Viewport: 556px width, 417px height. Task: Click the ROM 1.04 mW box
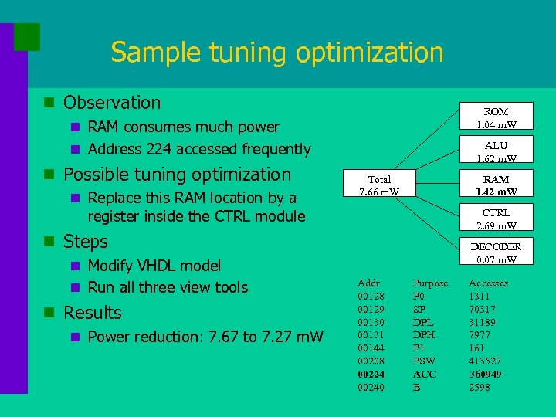(496, 117)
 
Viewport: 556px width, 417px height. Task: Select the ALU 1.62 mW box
(496, 151)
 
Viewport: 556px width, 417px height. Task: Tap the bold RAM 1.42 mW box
(496, 185)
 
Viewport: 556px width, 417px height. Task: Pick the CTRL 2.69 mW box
(496, 219)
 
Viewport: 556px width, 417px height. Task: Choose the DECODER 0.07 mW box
(496, 253)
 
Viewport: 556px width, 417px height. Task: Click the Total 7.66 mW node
(378, 185)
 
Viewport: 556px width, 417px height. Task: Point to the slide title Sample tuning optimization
(276, 53)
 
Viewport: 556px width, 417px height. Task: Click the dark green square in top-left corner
(27, 36)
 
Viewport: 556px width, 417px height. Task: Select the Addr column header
(368, 283)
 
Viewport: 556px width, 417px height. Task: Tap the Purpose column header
(430, 283)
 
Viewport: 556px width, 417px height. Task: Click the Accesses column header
(489, 283)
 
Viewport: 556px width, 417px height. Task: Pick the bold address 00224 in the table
(371, 374)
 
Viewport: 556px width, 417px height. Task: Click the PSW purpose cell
(424, 361)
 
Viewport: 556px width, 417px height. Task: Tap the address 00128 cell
(371, 296)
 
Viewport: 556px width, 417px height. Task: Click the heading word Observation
(112, 103)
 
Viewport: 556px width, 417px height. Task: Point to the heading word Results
(93, 313)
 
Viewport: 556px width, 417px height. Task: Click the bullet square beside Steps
(49, 242)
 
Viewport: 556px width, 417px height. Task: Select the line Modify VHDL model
(154, 266)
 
